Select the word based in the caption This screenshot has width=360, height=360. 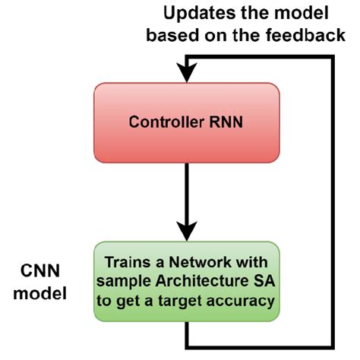tap(168, 35)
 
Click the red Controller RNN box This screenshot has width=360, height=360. tap(186, 122)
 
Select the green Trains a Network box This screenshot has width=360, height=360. tap(186, 280)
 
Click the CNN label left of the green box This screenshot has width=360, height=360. tap(40, 271)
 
